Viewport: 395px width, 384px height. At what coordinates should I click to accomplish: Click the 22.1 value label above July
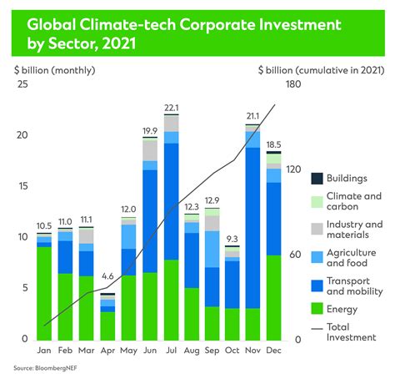click(x=172, y=106)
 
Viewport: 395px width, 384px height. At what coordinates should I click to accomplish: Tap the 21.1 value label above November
click(x=252, y=116)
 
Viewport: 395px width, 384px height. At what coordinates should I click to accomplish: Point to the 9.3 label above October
click(x=232, y=239)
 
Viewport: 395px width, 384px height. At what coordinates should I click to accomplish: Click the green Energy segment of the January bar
click(x=44, y=293)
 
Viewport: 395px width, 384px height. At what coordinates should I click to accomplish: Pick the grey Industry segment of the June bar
click(x=150, y=150)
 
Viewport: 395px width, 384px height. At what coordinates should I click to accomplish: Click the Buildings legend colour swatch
click(x=317, y=179)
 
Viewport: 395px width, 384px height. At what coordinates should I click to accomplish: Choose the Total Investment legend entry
click(x=350, y=331)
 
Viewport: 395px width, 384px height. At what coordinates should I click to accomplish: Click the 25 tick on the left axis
click(x=22, y=84)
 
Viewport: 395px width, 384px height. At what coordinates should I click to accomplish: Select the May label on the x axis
click(x=128, y=350)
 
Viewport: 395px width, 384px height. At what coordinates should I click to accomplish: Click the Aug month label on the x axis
click(x=192, y=350)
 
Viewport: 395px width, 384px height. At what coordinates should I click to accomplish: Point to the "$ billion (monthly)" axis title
click(x=50, y=69)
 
